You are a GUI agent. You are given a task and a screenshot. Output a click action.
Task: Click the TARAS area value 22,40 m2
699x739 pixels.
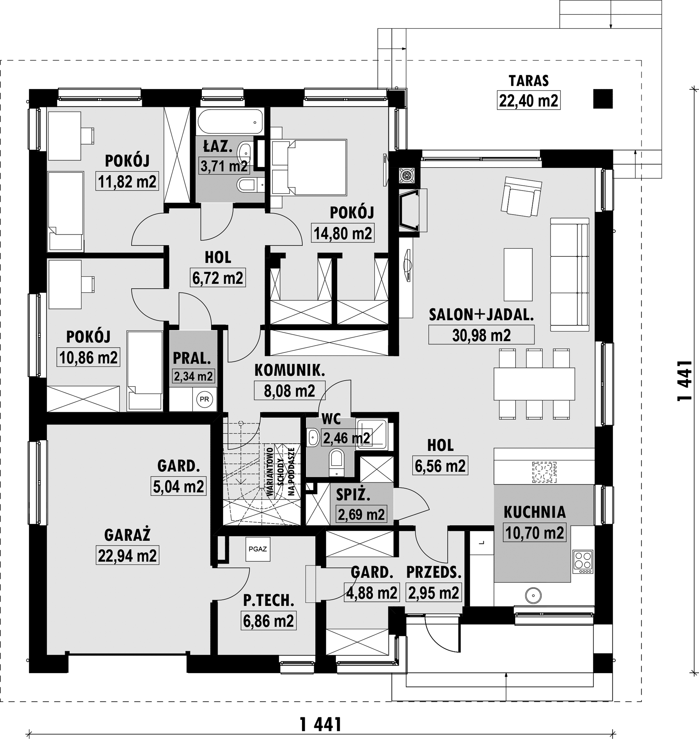pyautogui.click(x=528, y=101)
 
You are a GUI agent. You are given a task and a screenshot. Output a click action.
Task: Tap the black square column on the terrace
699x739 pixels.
pyautogui.click(x=603, y=99)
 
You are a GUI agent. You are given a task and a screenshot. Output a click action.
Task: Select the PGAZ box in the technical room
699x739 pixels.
pyautogui.click(x=257, y=549)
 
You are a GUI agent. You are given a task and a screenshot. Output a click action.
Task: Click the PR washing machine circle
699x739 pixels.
pyautogui.click(x=204, y=399)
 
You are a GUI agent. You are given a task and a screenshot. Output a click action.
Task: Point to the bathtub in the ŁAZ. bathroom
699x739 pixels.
pyautogui.click(x=230, y=122)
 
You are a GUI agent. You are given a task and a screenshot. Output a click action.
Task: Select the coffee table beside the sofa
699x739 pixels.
pyautogui.click(x=518, y=274)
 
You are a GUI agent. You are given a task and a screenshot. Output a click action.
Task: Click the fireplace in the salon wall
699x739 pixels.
pyautogui.click(x=413, y=211)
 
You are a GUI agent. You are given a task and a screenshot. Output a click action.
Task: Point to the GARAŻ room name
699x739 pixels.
pyautogui.click(x=127, y=535)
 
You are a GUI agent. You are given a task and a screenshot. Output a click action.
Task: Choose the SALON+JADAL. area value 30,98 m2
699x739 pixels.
pyautogui.click(x=481, y=335)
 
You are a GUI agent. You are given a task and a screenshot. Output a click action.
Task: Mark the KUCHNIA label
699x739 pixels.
pyautogui.click(x=535, y=512)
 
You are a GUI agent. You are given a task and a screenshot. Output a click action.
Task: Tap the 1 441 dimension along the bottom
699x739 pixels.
pyautogui.click(x=321, y=725)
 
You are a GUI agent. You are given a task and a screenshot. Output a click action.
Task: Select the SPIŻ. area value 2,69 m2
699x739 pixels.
pyautogui.click(x=361, y=514)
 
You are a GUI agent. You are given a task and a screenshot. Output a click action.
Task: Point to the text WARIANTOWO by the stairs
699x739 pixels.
pyautogui.click(x=270, y=471)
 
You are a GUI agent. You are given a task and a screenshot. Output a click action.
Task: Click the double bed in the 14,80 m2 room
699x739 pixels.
pyautogui.click(x=309, y=167)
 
